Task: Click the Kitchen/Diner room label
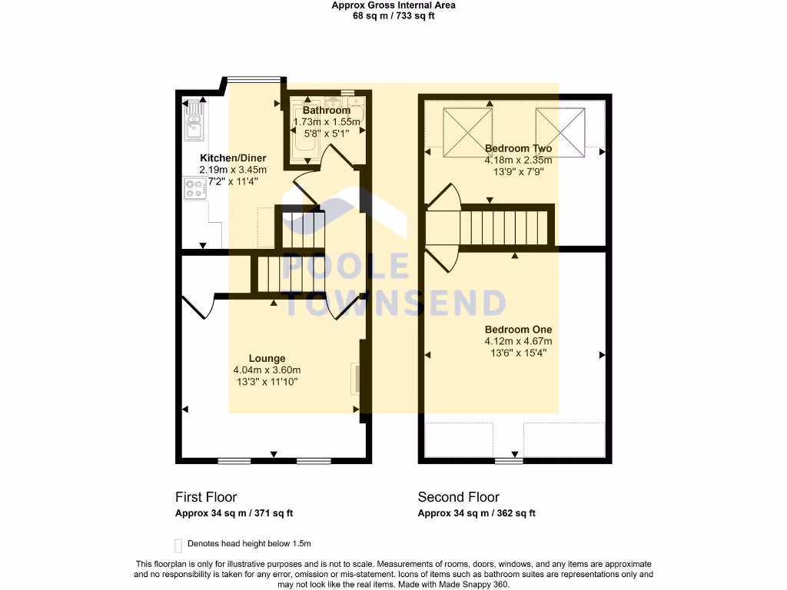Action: [x=233, y=158]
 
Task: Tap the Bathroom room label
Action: [x=327, y=111]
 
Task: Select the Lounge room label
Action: [x=267, y=358]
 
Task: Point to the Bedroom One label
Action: [x=518, y=329]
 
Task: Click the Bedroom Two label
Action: [x=518, y=148]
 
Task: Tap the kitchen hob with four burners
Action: [x=193, y=189]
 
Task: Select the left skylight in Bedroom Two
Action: [x=467, y=132]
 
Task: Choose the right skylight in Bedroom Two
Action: [x=560, y=132]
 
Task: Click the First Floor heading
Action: [x=206, y=497]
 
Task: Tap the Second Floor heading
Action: [x=458, y=497]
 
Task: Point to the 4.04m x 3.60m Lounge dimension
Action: [x=267, y=370]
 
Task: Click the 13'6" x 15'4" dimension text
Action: [x=518, y=353]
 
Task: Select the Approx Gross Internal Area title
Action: [x=393, y=5]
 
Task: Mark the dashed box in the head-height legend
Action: [x=178, y=545]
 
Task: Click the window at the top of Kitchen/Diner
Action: [x=253, y=77]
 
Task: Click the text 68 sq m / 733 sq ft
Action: [x=393, y=16]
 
